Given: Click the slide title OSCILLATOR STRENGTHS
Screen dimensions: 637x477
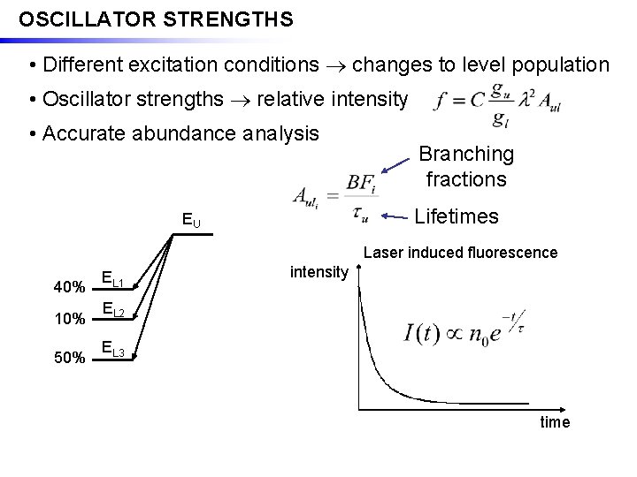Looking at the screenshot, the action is coord(156,19).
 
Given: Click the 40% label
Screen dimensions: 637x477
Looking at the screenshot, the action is coord(70,288).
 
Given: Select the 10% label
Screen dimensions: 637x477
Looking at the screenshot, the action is coord(70,319).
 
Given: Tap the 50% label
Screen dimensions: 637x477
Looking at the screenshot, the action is coord(70,358).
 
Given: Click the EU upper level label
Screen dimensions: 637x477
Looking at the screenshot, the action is coord(191,219).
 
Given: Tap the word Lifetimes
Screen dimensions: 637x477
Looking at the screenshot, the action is coord(456,216).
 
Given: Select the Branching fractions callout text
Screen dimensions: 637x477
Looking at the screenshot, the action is coord(466,166).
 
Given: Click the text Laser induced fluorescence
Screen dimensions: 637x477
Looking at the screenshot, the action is coord(461,253).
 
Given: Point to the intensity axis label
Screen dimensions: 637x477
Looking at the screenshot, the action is coord(318,271).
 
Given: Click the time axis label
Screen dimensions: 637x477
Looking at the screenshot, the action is coord(555,422).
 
